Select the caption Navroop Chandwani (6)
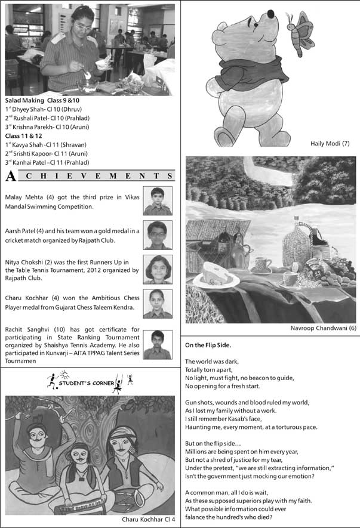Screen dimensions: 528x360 pyautogui.click(x=324, y=329)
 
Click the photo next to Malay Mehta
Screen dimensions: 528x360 pyautogui.click(x=158, y=200)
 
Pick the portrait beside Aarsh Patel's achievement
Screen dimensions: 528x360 pyautogui.click(x=158, y=234)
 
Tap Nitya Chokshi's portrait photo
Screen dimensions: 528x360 pyautogui.click(x=158, y=269)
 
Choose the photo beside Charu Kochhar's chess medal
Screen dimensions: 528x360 pyautogui.click(x=158, y=304)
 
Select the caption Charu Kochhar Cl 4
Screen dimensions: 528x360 pyautogui.click(x=148, y=520)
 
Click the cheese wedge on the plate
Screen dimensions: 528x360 pyautogui.click(x=216, y=271)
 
